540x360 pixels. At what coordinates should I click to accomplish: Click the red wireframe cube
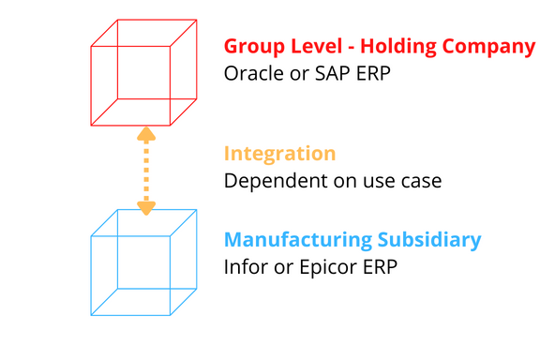pyautogui.click(x=143, y=72)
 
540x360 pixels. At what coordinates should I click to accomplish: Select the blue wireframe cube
pyautogui.click(x=143, y=262)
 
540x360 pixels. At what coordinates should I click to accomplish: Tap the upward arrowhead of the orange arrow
pyautogui.click(x=146, y=134)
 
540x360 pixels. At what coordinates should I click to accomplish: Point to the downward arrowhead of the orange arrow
pyautogui.click(x=146, y=207)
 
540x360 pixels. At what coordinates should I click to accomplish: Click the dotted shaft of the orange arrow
pyautogui.click(x=146, y=171)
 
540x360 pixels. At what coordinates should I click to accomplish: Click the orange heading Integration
pyautogui.click(x=279, y=154)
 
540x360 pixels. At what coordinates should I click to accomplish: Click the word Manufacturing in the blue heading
pyautogui.click(x=288, y=240)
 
